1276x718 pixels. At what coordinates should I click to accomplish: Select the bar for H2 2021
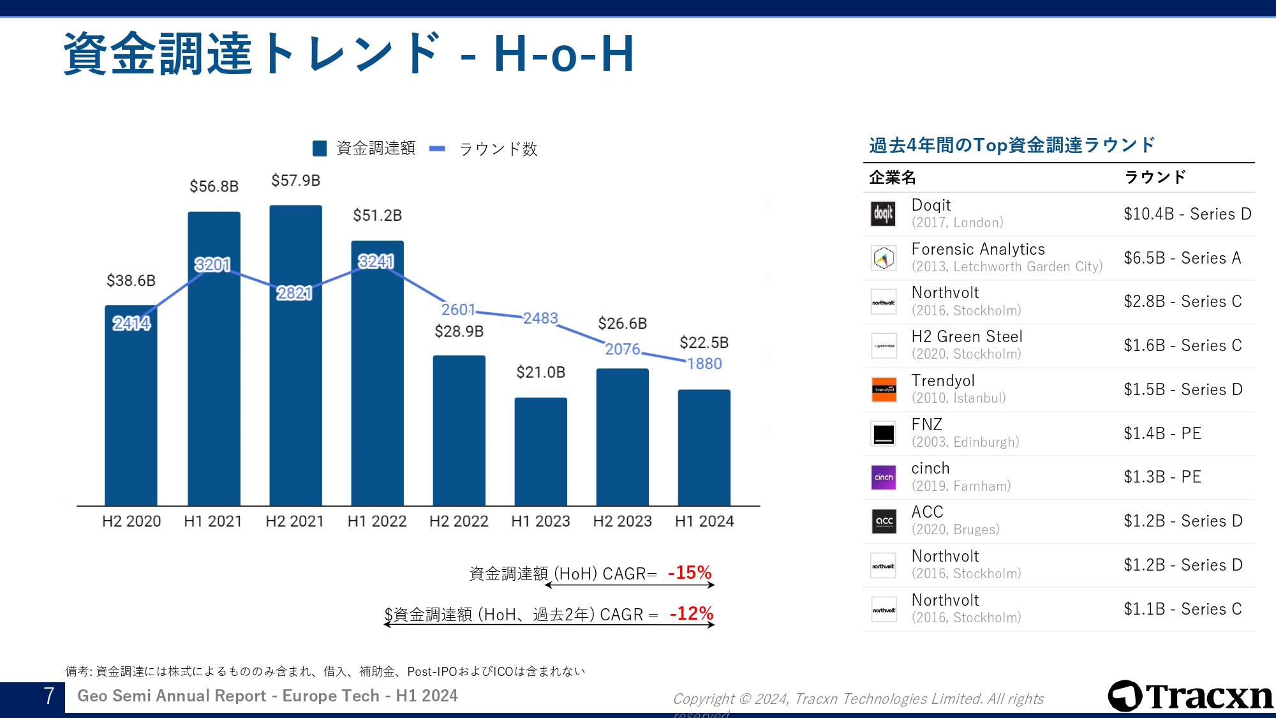pos(295,383)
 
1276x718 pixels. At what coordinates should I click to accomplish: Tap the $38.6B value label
pos(131,281)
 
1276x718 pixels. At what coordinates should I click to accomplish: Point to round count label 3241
pos(376,262)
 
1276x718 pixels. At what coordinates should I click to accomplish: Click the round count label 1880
pos(704,364)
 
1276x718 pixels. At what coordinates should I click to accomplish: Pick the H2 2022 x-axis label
pos(459,521)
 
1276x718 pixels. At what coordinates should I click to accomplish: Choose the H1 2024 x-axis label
pos(704,521)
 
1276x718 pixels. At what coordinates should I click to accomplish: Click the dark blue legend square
pos(320,149)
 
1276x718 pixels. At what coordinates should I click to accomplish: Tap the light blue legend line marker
pos(438,149)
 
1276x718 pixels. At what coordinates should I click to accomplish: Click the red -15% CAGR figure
pos(690,572)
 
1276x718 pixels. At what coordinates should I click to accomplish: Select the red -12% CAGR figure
pos(692,613)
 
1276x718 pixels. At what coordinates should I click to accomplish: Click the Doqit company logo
pos(884,214)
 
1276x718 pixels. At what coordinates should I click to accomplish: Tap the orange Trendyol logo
pos(884,389)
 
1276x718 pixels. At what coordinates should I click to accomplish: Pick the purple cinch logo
pos(884,477)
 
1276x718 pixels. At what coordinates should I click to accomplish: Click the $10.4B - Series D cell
pos(1187,214)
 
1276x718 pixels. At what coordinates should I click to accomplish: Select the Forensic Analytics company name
pos(978,249)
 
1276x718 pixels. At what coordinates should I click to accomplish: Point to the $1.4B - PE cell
pos(1162,433)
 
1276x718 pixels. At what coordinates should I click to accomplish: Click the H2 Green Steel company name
pos(967,336)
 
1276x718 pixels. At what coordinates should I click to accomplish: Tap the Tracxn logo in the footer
pos(1191,696)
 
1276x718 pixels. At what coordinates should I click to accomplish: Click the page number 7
pos(48,696)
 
